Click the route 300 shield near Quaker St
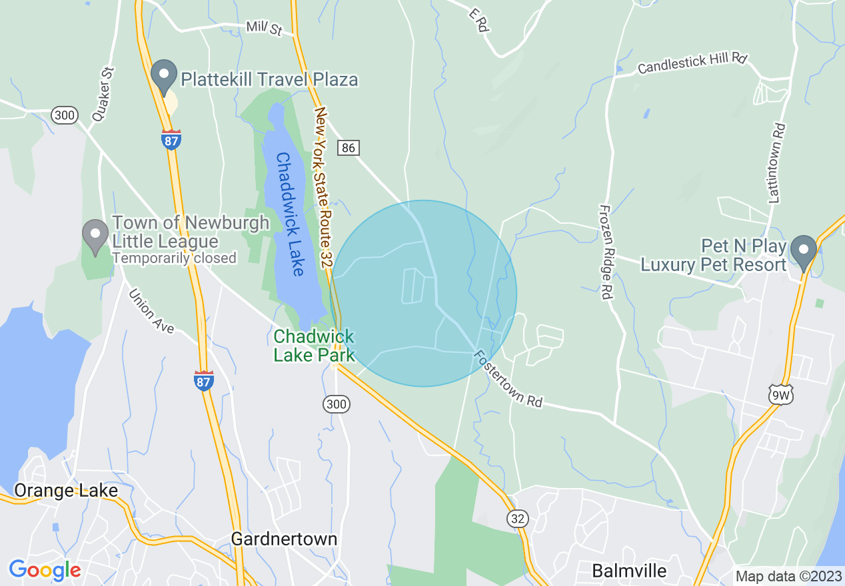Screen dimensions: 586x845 [65, 115]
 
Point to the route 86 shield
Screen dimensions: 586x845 [348, 147]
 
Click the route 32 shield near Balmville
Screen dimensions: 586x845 [517, 519]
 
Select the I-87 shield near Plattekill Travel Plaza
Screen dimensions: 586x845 [171, 139]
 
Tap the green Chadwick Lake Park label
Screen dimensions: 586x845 [314, 346]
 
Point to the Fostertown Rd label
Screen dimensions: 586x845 [508, 379]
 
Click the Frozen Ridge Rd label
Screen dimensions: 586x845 [605, 252]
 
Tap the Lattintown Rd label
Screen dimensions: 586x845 [777, 162]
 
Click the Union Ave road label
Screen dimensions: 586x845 [151, 310]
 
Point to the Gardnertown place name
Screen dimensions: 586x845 [284, 538]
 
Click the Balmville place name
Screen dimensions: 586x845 [629, 571]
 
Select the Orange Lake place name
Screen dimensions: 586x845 [66, 491]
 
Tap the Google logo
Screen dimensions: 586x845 [45, 570]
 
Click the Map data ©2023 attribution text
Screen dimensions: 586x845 [787, 576]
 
